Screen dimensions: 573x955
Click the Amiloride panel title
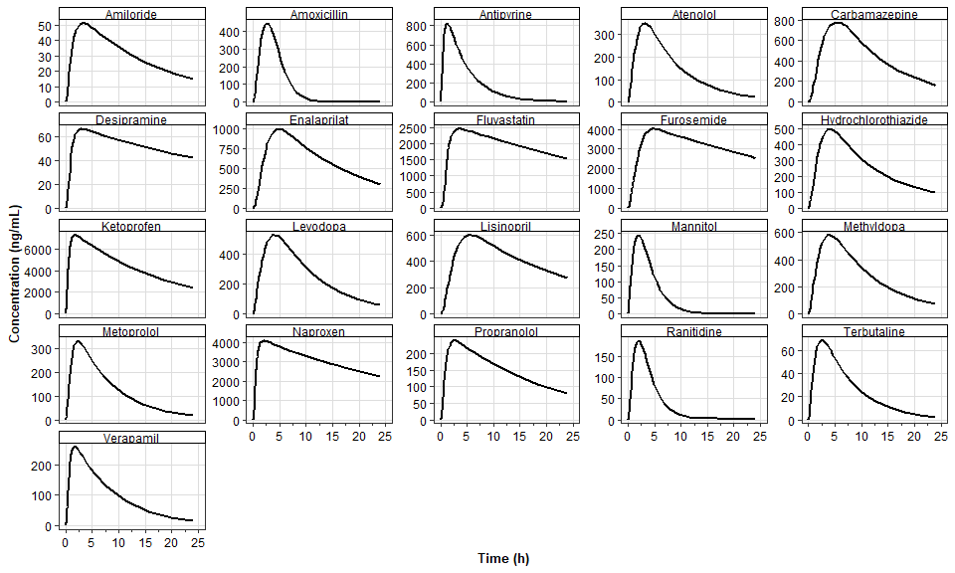pos(130,14)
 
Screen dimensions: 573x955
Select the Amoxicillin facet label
pos(318,14)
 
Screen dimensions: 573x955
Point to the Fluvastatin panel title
pos(505,119)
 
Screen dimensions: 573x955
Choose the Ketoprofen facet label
pos(130,226)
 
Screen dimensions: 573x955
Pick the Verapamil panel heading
pos(130,438)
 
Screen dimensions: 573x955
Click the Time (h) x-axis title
pos(503,558)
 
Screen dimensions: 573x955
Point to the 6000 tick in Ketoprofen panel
pos(38,250)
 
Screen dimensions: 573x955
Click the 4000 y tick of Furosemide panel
pos(599,130)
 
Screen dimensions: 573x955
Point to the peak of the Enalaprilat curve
pos(279,129)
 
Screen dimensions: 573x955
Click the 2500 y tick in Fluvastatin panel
pos(420,129)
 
